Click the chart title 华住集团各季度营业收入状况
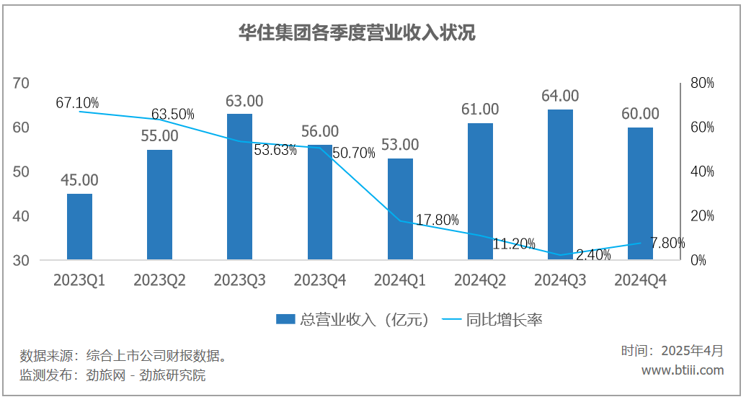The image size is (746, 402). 357,33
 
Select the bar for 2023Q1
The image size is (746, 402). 79,226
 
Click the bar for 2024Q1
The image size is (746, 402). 400,209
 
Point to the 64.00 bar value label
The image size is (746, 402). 560,96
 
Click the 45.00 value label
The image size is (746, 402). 79,180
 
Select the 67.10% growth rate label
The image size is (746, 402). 77,102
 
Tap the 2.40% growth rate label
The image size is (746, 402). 593,254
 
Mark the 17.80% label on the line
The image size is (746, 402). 437,220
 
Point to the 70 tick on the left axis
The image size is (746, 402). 21,84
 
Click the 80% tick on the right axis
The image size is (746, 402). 702,84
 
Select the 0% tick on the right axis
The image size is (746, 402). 698,261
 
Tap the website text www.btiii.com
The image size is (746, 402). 682,370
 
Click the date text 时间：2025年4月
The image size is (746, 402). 672,351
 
